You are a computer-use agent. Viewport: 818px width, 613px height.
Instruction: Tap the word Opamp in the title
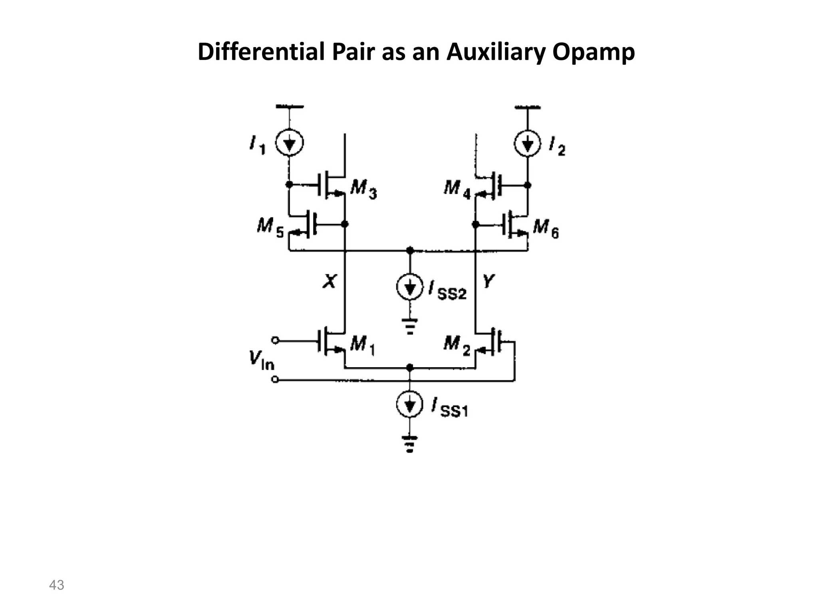coord(594,52)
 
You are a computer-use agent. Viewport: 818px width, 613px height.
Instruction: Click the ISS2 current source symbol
coord(409,287)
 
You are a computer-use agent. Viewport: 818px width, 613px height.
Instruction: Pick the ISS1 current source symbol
coord(409,405)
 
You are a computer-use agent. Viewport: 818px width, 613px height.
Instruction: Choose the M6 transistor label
coord(546,228)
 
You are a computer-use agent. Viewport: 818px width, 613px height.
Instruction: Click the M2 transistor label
coord(457,344)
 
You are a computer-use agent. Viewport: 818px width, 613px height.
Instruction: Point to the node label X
coord(330,281)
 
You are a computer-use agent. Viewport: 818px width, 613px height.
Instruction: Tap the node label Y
coord(488,281)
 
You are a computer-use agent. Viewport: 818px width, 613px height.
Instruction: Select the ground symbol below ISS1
coord(409,443)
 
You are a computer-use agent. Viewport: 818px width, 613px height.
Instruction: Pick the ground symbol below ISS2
coord(409,326)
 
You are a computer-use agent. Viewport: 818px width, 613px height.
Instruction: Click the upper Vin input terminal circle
coord(275,340)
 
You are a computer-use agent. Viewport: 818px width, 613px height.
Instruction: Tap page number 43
coord(56,585)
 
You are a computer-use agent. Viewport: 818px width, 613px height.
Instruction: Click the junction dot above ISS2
coord(409,251)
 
